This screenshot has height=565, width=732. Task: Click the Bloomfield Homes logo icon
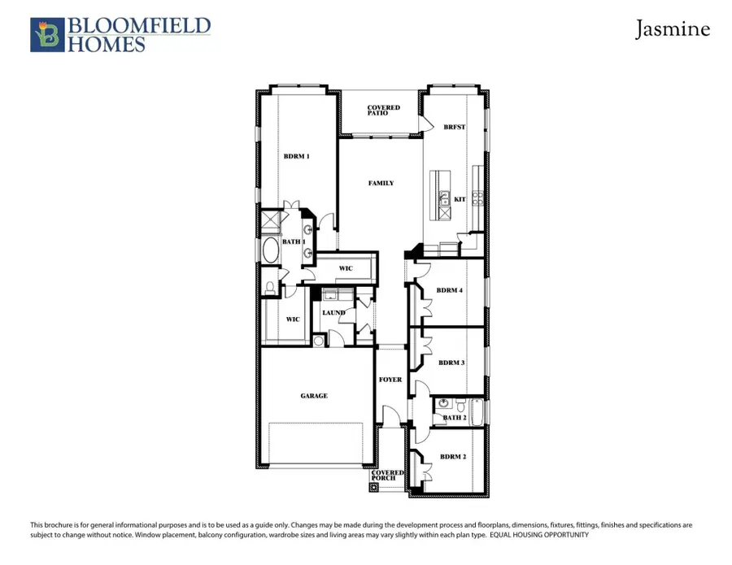(45, 35)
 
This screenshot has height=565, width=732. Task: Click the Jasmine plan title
(672, 30)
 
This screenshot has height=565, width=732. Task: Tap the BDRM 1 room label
(296, 156)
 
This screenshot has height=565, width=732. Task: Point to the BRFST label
(454, 128)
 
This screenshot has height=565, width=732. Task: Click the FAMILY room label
(381, 183)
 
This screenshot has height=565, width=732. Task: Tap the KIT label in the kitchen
(460, 198)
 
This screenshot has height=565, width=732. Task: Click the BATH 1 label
(294, 241)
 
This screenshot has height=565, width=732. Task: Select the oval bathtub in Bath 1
(269, 250)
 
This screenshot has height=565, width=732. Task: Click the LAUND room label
(333, 312)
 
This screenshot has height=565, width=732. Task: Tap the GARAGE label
(314, 396)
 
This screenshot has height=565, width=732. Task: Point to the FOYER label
(390, 380)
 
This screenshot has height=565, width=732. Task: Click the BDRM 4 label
(450, 290)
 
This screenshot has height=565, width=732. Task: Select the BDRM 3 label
(451, 363)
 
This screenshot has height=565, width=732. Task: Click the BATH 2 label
(454, 418)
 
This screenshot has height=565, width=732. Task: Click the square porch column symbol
(373, 489)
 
